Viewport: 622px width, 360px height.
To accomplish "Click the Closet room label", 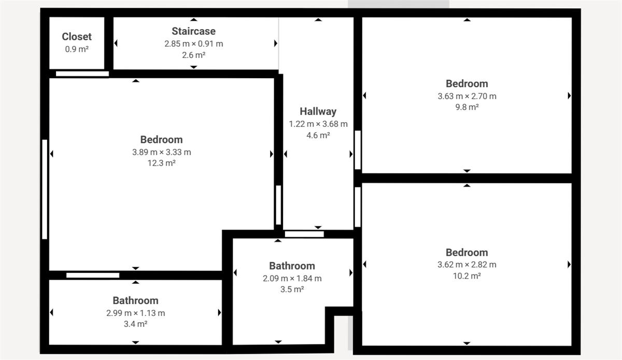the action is click(77, 37).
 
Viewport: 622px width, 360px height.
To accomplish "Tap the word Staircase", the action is click(193, 31).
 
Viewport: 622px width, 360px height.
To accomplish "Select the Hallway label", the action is click(318, 111).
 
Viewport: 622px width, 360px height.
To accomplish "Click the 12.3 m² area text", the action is click(161, 163).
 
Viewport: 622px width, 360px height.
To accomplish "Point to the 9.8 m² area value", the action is click(467, 107).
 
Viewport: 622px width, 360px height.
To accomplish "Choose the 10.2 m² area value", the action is click(467, 276).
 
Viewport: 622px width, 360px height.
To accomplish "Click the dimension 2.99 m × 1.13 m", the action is click(135, 313).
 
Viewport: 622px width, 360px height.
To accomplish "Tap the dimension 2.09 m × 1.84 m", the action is click(292, 278).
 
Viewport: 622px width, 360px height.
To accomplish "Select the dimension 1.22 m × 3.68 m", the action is click(318, 124).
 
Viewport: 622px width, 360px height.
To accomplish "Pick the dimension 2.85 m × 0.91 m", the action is click(193, 44).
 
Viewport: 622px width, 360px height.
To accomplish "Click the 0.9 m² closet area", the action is click(77, 49).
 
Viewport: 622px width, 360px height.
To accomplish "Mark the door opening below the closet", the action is click(82, 74).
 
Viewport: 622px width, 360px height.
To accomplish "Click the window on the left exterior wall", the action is click(45, 189).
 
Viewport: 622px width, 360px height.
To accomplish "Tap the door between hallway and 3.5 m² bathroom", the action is click(304, 234).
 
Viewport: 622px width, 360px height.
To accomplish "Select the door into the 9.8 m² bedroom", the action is click(358, 150).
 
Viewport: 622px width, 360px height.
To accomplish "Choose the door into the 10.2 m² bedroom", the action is click(358, 207).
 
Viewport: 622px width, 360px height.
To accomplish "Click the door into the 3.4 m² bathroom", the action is click(93, 276).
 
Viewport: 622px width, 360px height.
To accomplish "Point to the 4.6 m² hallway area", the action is click(318, 135).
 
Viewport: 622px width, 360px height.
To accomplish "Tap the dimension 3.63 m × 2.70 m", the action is click(467, 96).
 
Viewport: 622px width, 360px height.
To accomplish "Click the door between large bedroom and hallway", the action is click(278, 205).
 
